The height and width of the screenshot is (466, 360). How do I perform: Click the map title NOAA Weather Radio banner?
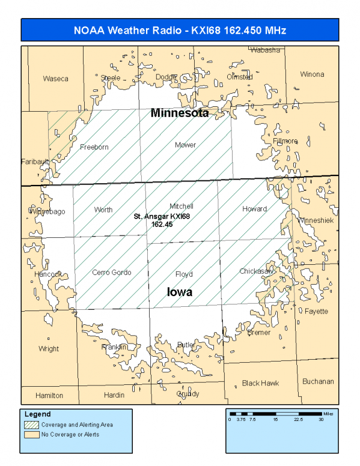click(180, 29)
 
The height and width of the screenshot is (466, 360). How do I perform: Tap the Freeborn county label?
click(94, 147)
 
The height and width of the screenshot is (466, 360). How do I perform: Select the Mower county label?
click(185, 145)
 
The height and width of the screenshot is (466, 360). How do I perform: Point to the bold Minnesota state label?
click(179, 113)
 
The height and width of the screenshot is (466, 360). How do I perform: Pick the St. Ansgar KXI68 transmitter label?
click(162, 220)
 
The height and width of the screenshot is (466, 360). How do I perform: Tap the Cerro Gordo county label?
click(111, 273)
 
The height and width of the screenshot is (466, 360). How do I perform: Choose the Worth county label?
click(103, 210)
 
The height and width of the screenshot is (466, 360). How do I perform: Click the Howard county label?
click(254, 209)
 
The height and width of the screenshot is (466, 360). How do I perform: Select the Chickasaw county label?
click(257, 271)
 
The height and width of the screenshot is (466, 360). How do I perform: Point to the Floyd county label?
click(183, 274)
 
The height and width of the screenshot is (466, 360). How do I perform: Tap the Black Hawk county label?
click(260, 383)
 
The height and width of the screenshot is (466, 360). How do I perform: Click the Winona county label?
click(311, 74)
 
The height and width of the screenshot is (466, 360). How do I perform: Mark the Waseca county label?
click(55, 79)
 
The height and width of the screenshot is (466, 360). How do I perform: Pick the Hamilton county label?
click(49, 396)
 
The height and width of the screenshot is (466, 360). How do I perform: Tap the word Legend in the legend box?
click(37, 414)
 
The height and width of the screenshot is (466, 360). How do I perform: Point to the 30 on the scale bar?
click(321, 420)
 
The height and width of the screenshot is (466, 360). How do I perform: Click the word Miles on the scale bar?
click(327, 413)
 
